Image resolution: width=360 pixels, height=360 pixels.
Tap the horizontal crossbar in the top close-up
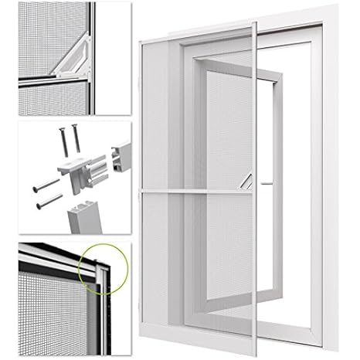pyautogui.click(x=46, y=79)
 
